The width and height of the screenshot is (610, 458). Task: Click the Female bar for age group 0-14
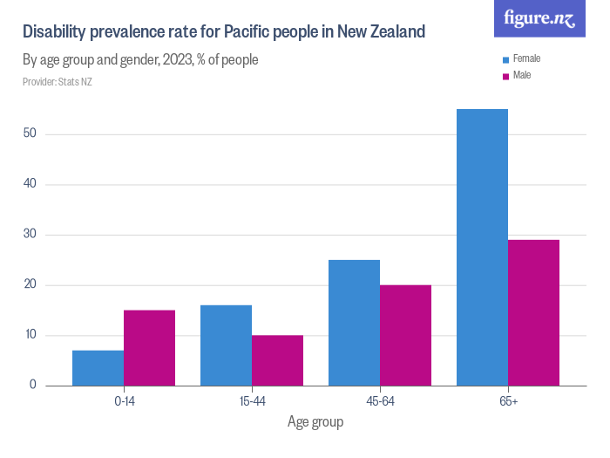coord(98,367)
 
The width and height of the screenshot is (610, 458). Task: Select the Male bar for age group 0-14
coord(149,347)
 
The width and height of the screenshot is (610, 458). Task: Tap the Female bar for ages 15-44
coord(226,345)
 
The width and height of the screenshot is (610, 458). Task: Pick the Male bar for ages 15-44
coord(277,359)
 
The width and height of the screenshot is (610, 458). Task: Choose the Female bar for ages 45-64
coord(354,322)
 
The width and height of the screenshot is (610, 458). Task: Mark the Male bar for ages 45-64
coord(405,334)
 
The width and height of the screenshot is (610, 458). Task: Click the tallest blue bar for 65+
coord(482,247)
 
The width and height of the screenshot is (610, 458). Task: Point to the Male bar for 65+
coord(533,312)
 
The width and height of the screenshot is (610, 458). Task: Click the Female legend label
coord(527,58)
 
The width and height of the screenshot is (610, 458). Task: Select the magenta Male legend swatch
coord(505,76)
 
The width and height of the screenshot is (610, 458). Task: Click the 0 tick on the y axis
coord(33,386)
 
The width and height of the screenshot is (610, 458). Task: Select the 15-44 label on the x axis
coord(252,401)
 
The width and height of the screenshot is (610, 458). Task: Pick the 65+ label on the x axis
coord(508,401)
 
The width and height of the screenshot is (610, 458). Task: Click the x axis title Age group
coord(315,422)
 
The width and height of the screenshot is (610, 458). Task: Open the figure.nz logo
coord(539,18)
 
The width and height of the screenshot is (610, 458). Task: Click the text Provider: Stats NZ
coord(58,82)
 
